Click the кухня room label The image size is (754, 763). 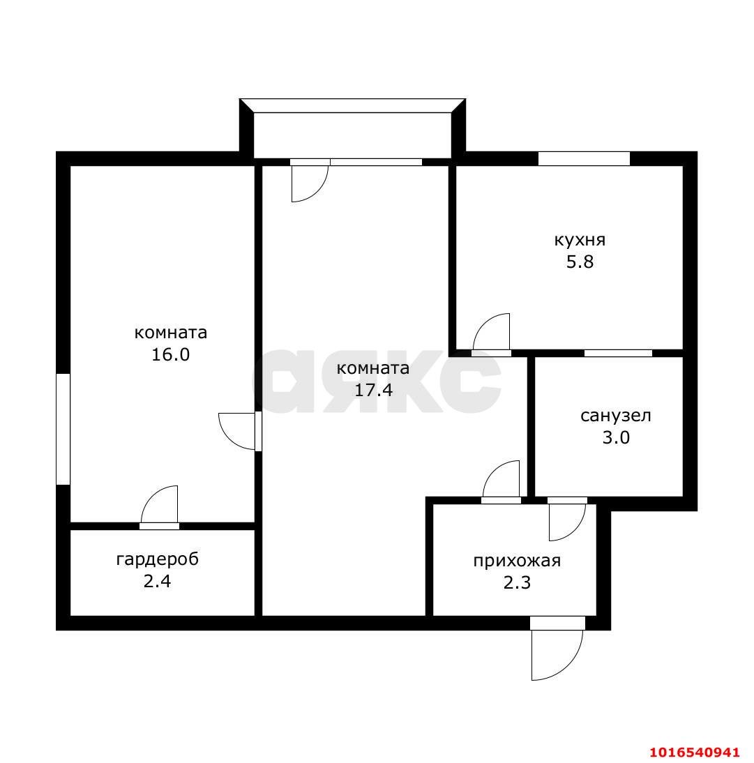[580, 241]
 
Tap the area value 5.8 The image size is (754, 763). [580, 262]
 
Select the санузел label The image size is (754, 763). [616, 416]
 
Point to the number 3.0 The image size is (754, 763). [616, 438]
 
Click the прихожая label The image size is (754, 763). [517, 561]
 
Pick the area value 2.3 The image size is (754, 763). [517, 582]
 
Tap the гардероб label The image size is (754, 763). [157, 559]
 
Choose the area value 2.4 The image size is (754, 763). [157, 582]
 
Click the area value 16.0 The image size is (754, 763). [170, 354]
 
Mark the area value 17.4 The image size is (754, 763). [373, 390]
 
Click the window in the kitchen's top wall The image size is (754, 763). [584, 158]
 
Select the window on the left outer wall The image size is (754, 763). [63, 429]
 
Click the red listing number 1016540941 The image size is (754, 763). [695, 752]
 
